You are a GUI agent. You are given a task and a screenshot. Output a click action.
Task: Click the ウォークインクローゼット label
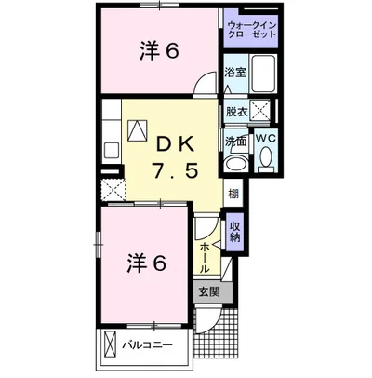[x=252, y=28]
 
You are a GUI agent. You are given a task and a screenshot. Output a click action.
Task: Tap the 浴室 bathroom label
[x=234, y=72]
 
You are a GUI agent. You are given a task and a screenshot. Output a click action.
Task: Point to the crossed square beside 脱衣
[x=263, y=111]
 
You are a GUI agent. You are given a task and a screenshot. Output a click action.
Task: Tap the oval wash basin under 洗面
[x=235, y=162]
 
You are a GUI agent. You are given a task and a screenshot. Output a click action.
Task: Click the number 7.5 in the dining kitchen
[x=174, y=172]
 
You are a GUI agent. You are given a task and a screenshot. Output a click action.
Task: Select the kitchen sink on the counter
[x=110, y=148]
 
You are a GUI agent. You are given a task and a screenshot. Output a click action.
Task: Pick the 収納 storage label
[x=235, y=229]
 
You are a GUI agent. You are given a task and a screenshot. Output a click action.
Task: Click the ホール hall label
[x=206, y=250]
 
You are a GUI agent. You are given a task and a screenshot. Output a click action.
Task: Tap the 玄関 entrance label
[x=208, y=291]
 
